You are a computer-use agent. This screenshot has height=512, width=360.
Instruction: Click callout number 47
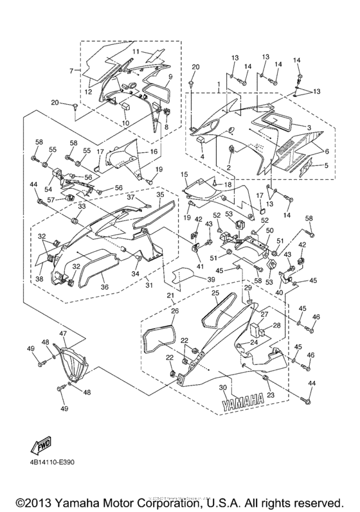pos(63,334)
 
